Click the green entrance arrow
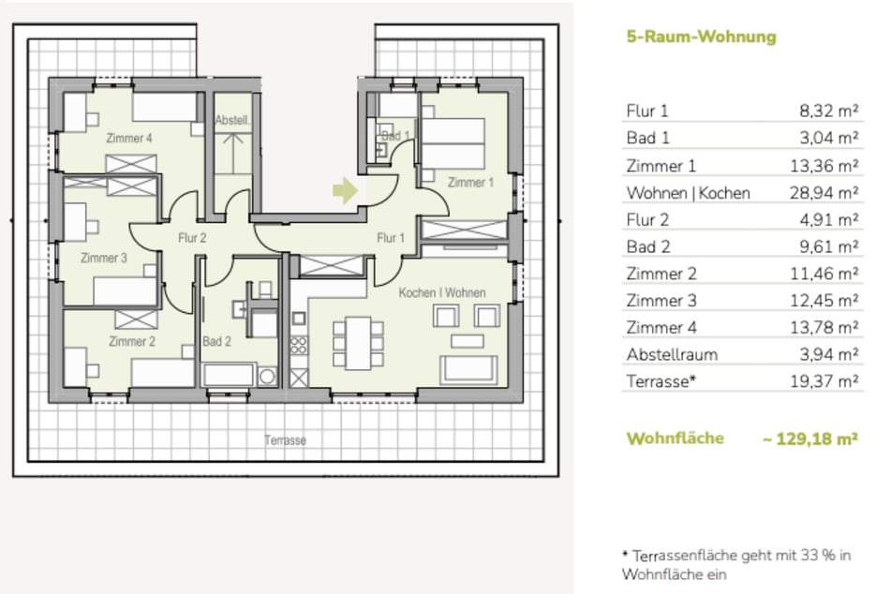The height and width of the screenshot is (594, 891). point(345,191)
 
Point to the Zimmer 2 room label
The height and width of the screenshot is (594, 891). point(131,341)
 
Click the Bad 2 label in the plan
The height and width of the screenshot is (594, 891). point(216,342)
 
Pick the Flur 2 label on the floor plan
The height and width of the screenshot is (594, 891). point(191,238)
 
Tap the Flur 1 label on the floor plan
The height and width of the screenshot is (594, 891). point(391,238)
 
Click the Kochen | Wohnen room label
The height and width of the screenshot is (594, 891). point(442,293)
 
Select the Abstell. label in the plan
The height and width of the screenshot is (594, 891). point(231,121)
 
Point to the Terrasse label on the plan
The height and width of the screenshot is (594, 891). point(285,439)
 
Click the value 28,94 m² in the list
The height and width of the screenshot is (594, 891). point(829,193)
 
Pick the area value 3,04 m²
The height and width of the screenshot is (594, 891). point(833,139)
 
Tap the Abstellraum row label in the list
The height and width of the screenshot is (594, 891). point(671,354)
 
